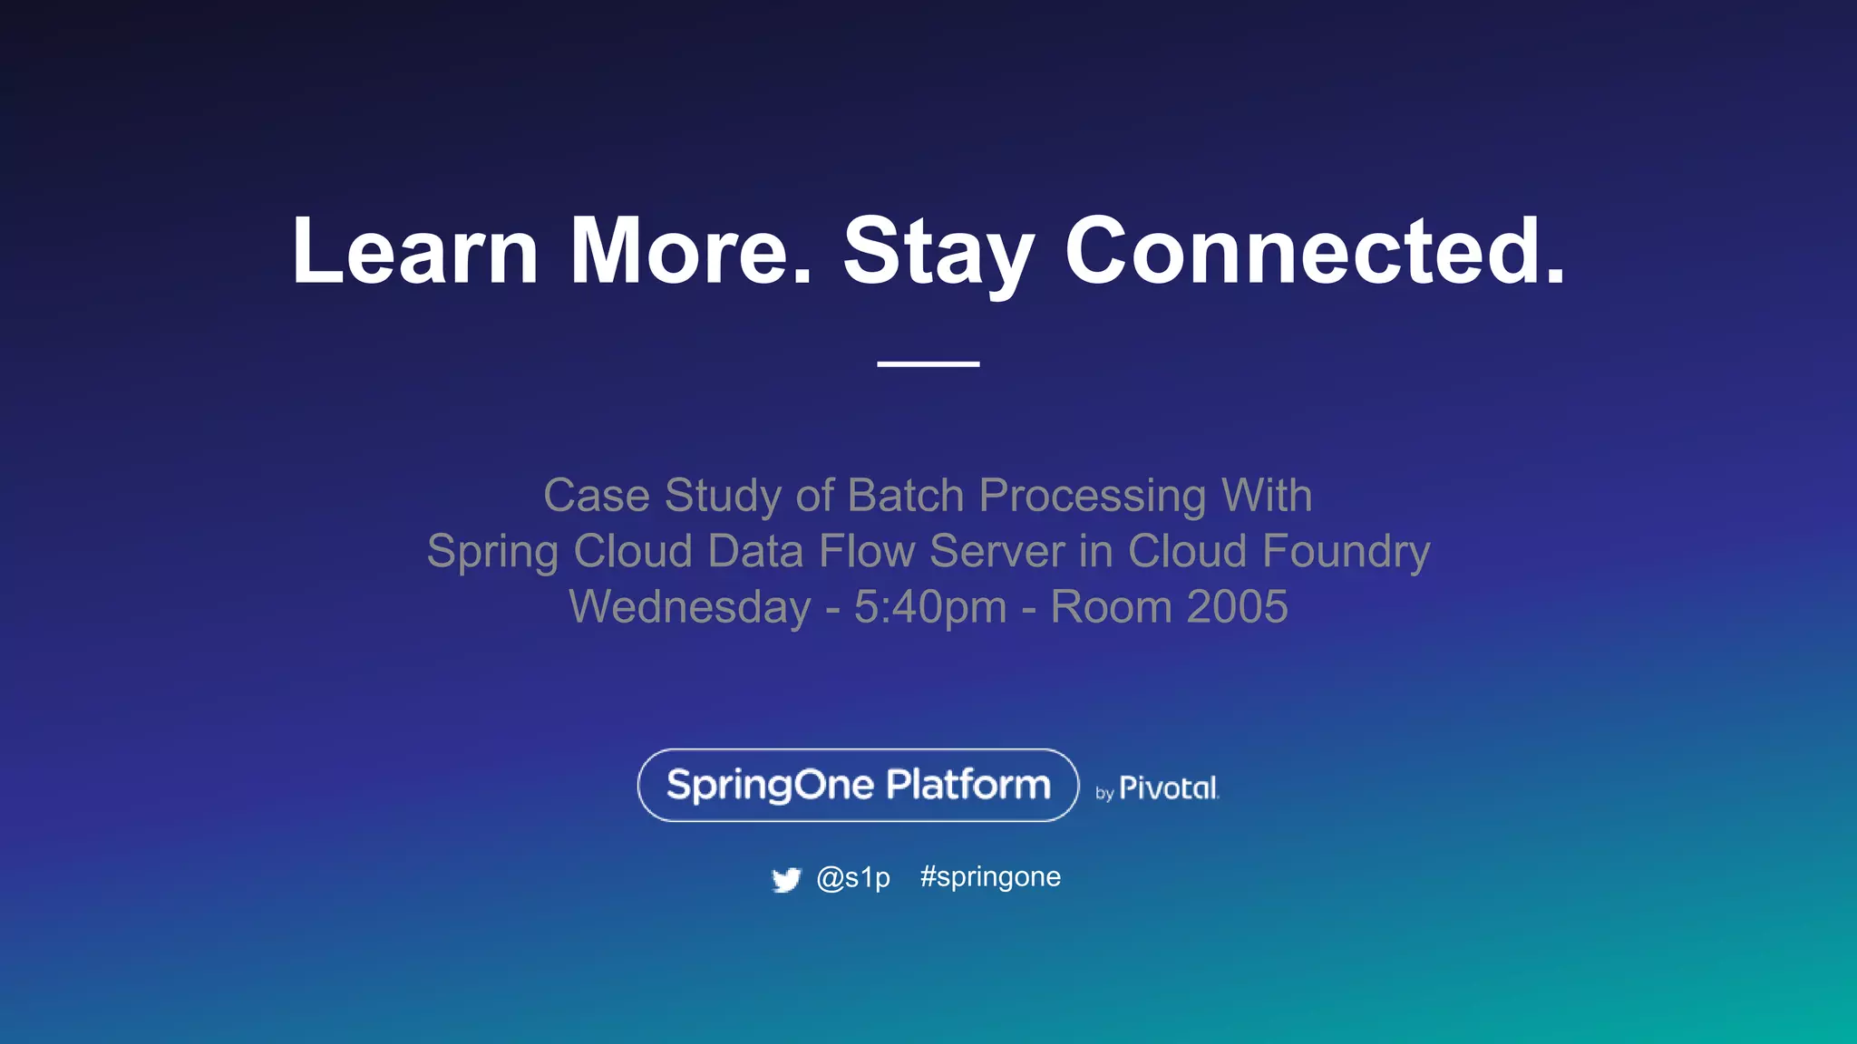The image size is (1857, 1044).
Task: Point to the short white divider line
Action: click(928, 363)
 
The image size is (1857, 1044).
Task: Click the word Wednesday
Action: click(689, 607)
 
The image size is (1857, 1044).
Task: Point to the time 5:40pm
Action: click(930, 608)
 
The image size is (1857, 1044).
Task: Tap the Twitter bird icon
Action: click(786, 879)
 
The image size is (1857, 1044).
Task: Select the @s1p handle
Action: click(853, 877)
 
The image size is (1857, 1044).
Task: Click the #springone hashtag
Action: click(990, 877)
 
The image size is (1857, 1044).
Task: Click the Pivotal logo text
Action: click(1168, 788)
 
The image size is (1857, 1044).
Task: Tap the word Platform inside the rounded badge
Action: click(967, 785)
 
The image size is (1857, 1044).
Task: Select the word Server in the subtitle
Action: click(997, 551)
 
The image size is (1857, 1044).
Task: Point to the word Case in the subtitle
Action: click(596, 496)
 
